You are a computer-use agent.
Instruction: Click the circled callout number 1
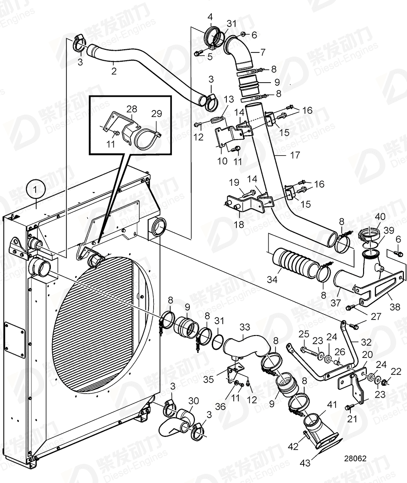(x=36, y=189)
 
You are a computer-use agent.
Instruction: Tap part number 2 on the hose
(x=114, y=71)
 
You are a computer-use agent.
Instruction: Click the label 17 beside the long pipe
(x=295, y=155)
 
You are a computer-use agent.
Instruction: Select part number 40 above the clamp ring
(x=380, y=217)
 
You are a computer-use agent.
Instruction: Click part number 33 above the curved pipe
(x=246, y=327)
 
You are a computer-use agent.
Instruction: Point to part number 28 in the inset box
(x=132, y=109)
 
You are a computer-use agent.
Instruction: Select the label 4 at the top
(x=210, y=17)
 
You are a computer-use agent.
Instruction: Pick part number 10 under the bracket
(x=223, y=161)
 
